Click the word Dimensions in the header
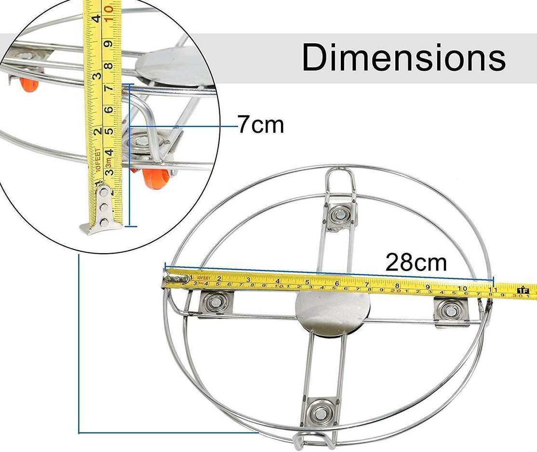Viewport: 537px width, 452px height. [403, 57]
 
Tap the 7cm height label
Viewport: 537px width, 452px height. [261, 126]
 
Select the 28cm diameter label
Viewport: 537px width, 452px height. [416, 263]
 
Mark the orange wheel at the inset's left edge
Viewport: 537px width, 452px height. [28, 85]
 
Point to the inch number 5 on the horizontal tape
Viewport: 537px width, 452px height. [307, 282]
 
